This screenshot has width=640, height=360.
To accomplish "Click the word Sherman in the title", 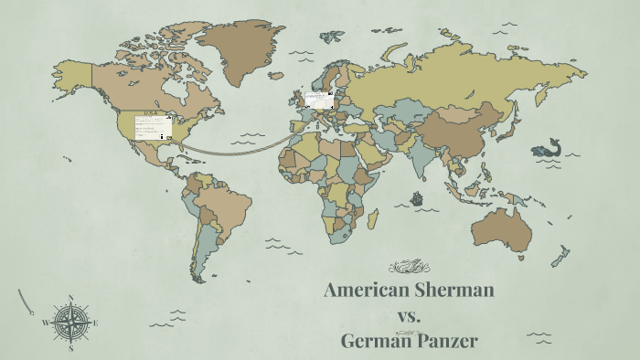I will point(450,291).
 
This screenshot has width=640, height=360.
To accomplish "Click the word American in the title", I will point(363,291).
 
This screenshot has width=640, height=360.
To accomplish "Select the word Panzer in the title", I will point(445,342).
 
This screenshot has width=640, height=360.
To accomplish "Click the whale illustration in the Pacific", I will point(548,149).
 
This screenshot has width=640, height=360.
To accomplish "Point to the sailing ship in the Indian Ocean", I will point(416,197).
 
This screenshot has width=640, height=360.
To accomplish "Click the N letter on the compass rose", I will point(71,298).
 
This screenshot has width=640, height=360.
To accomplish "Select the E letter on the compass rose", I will point(95,323).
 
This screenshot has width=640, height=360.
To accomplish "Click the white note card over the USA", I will point(153,127).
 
